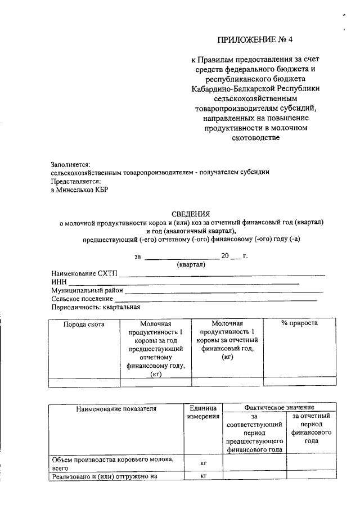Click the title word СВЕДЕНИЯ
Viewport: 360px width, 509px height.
coord(191,214)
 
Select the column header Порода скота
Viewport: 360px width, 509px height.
coord(84,323)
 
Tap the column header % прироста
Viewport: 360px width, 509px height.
coord(299,323)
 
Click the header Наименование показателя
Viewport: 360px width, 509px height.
coord(116,408)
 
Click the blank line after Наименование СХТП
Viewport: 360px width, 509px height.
coord(222,273)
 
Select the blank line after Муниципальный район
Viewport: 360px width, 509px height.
coord(223,291)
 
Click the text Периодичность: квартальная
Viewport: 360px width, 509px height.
coord(95,308)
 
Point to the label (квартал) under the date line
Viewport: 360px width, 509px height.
coord(191,265)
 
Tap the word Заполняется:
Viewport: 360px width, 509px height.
coord(70,164)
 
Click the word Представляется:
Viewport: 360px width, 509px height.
coord(76,181)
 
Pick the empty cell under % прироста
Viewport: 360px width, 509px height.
coord(299,382)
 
